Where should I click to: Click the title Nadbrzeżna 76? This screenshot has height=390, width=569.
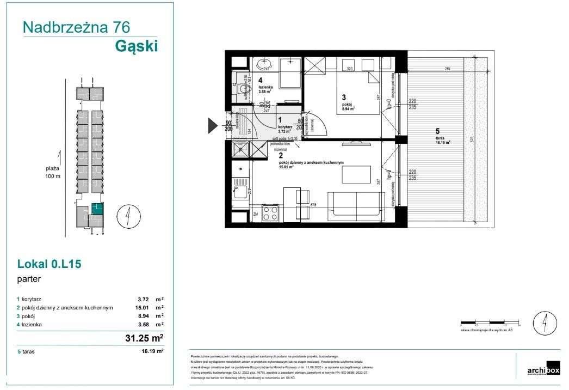(76, 27)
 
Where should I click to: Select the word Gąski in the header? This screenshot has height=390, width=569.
(137, 47)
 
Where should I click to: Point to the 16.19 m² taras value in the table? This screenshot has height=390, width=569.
(152, 352)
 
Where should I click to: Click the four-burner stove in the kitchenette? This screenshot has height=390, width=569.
(270, 212)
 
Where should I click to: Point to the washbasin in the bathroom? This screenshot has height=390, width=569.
(265, 62)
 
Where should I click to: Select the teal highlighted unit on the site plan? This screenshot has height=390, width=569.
(97, 209)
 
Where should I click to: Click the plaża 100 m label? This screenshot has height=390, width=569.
(53, 173)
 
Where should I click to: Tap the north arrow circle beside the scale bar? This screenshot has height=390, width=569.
(542, 322)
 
